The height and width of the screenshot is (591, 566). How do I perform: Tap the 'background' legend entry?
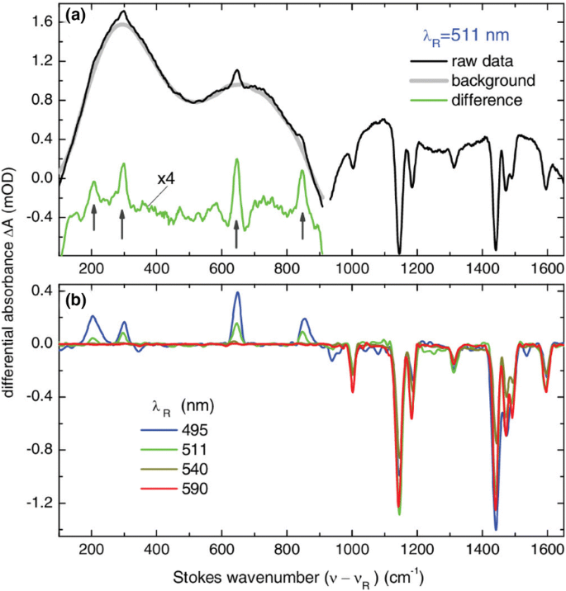pos(493,81)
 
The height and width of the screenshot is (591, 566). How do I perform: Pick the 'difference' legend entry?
pos(487,101)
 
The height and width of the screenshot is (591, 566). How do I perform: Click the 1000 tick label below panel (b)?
pos(352,549)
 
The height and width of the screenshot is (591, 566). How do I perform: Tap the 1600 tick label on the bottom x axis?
pos(547,549)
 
